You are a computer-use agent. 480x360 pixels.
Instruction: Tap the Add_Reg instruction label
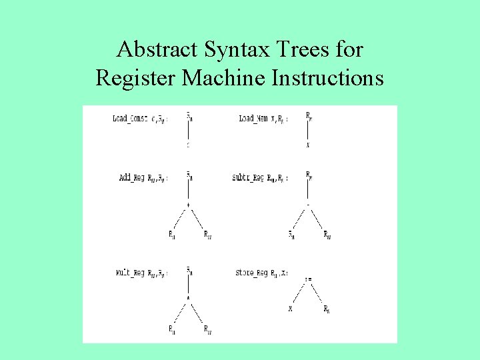pyautogui.click(x=133, y=177)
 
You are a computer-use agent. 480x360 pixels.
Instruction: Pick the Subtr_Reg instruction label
pyautogui.click(x=249, y=177)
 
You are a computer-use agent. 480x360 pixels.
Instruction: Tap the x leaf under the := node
pyautogui.click(x=291, y=309)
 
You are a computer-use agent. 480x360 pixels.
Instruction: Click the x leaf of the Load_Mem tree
pyautogui.click(x=307, y=145)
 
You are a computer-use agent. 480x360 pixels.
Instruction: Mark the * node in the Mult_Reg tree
pyautogui.click(x=189, y=297)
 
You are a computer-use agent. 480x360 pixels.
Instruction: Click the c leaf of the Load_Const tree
pyautogui.click(x=189, y=145)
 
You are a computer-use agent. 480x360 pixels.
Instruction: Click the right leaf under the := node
pyautogui.click(x=326, y=309)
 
